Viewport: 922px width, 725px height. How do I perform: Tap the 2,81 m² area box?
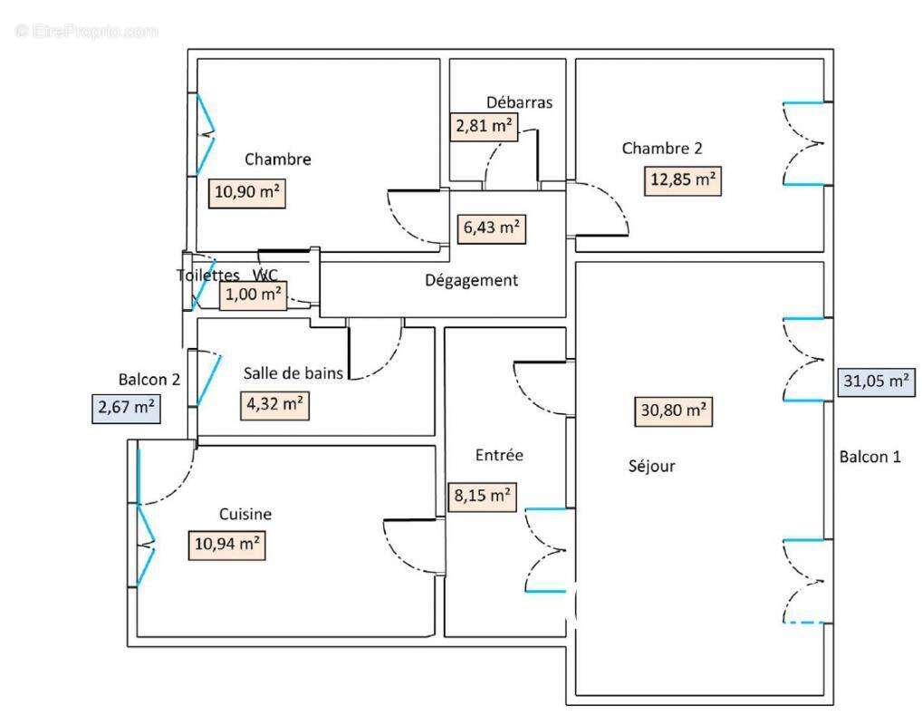[x=484, y=126]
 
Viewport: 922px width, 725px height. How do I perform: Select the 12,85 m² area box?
[x=683, y=180]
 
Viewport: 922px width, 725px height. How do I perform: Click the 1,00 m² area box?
[x=254, y=295]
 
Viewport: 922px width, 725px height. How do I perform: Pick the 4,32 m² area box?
[x=275, y=404]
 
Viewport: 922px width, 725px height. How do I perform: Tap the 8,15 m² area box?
[x=482, y=496]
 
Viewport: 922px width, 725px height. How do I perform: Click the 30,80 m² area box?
[x=671, y=411]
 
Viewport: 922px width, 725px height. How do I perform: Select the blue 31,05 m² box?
[x=875, y=382]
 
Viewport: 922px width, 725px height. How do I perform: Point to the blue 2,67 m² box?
[x=126, y=408]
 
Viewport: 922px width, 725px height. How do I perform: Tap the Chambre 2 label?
[x=661, y=149]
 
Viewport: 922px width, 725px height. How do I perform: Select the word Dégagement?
[x=472, y=281]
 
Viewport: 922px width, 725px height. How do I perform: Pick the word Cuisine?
[x=245, y=514]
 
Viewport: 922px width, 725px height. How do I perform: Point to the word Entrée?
[x=499, y=455]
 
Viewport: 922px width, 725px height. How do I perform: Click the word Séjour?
[x=651, y=467]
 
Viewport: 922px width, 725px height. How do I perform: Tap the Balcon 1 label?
[x=869, y=457]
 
